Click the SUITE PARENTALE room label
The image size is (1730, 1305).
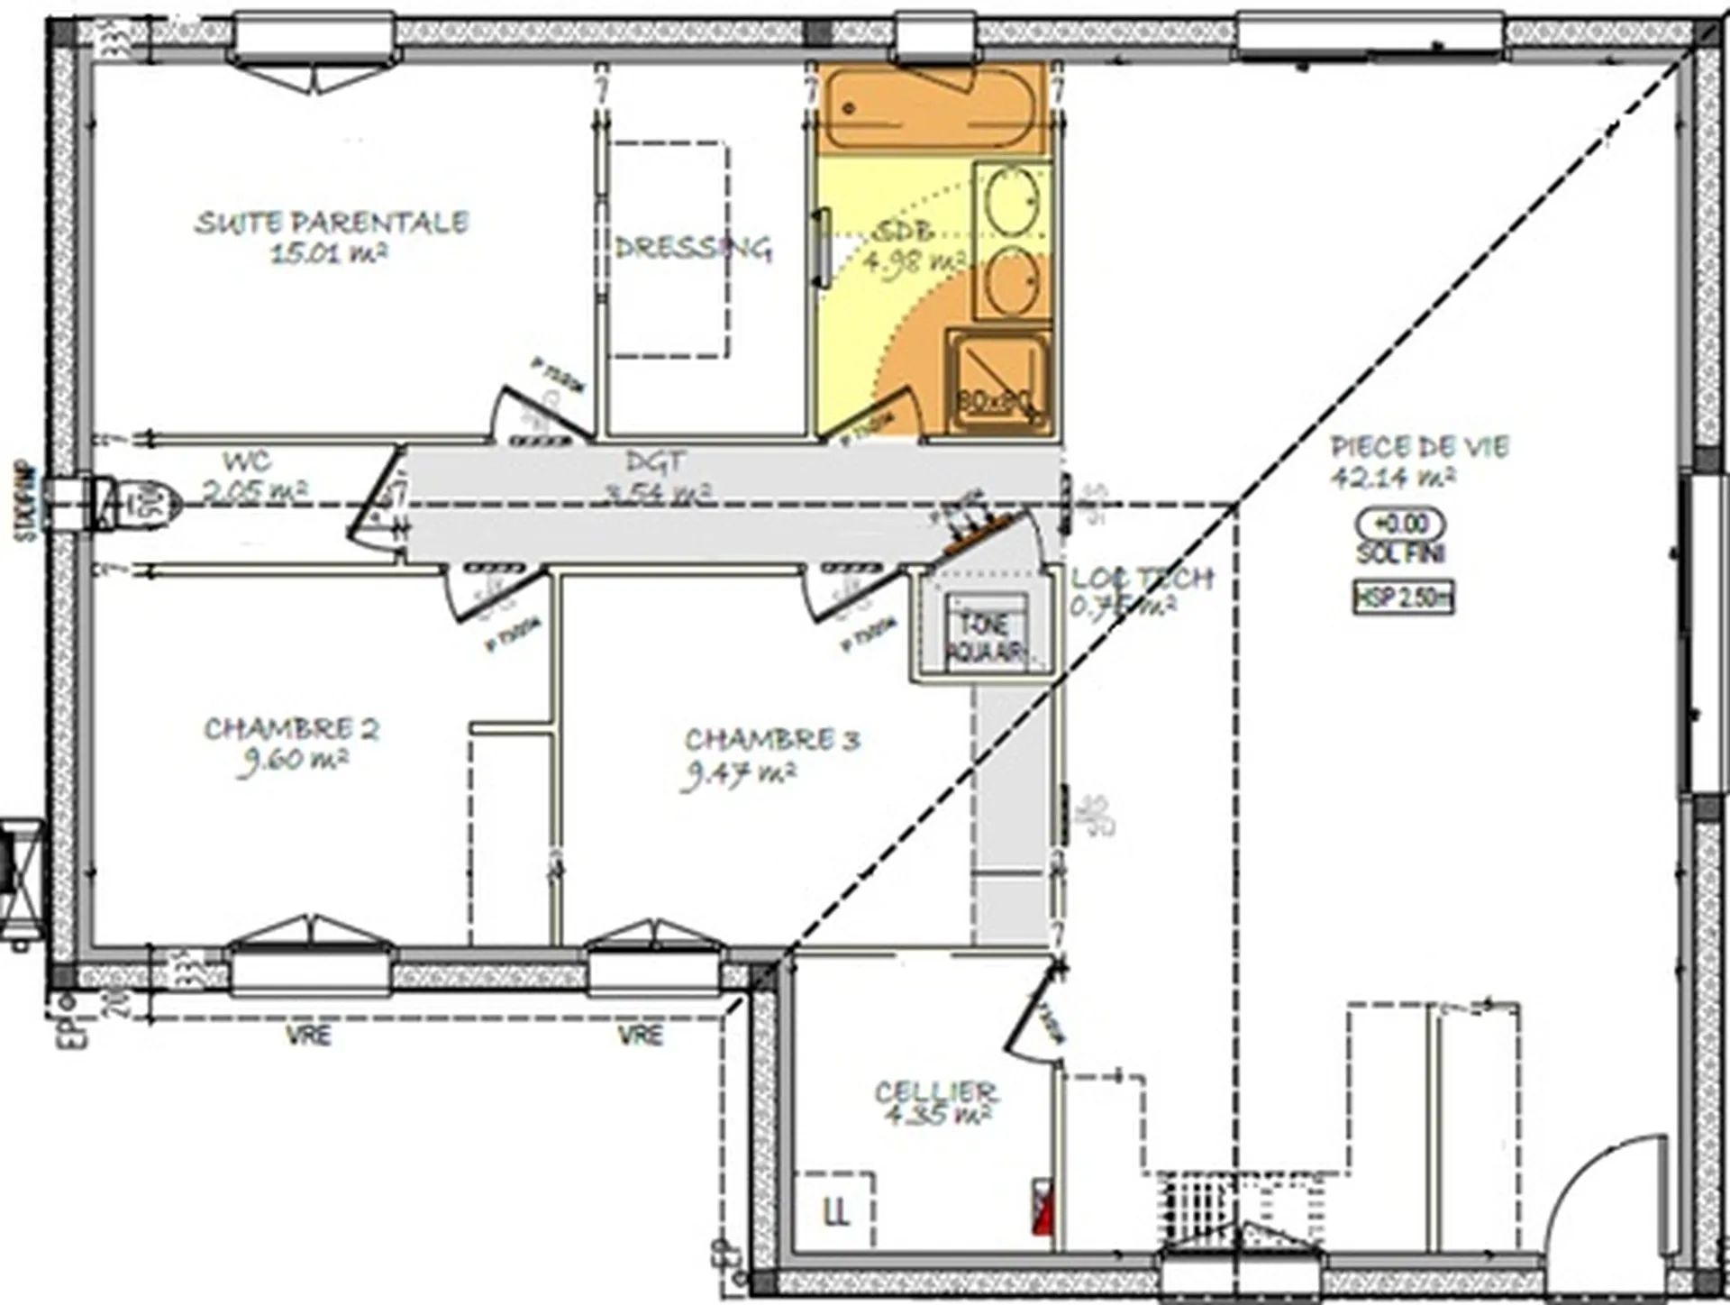click(x=332, y=222)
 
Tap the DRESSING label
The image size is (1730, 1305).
click(x=692, y=248)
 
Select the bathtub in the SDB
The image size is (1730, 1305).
click(x=928, y=108)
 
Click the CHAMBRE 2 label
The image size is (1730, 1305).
click(x=291, y=728)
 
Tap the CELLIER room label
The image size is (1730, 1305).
click(x=935, y=1091)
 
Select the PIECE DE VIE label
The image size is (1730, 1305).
click(x=1419, y=446)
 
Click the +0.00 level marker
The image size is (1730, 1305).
click(x=1402, y=524)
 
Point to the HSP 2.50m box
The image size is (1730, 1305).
click(x=1404, y=598)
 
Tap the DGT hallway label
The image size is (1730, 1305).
click(x=655, y=461)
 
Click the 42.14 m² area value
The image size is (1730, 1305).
click(x=1392, y=477)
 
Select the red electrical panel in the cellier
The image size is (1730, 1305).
click(x=1042, y=1207)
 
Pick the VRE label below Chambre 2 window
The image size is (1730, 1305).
click(x=308, y=1036)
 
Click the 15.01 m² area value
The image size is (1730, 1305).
click(x=329, y=253)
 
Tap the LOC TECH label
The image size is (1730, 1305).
click(x=1142, y=578)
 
